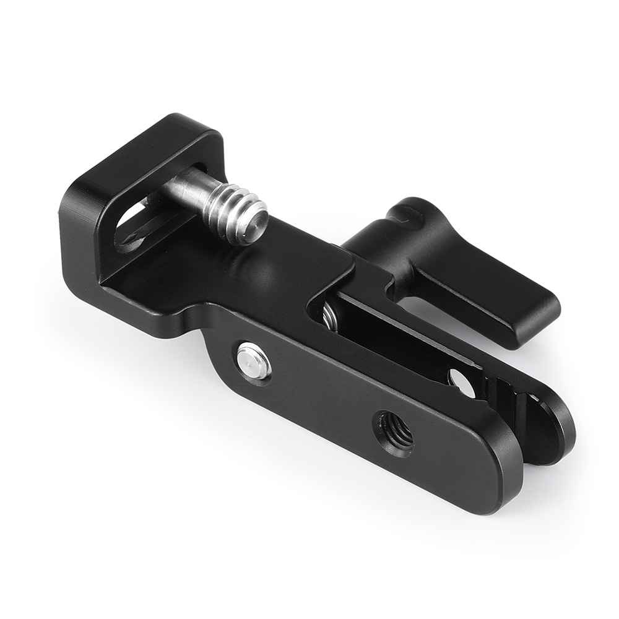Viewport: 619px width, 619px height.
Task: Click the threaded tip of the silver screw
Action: [x=238, y=210]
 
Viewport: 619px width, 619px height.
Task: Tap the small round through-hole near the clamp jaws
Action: [x=462, y=383]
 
